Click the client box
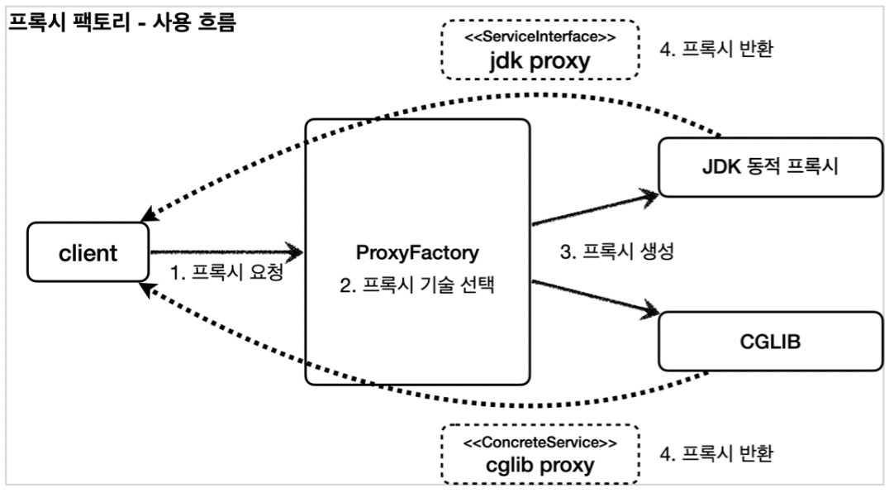88,252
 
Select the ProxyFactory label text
417,253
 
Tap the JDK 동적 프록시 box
771,167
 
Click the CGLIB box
771,341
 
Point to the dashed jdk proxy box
540,50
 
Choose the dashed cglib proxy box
540,454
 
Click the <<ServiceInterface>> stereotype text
540,37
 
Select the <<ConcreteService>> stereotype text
540,443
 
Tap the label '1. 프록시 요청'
226,272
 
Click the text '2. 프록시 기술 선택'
417,285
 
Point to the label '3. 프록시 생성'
617,251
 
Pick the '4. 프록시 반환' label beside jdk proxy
716,49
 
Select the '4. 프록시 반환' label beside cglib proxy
716,453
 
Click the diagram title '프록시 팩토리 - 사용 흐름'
122,22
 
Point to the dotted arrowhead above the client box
149,214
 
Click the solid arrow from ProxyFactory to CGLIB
596,297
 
